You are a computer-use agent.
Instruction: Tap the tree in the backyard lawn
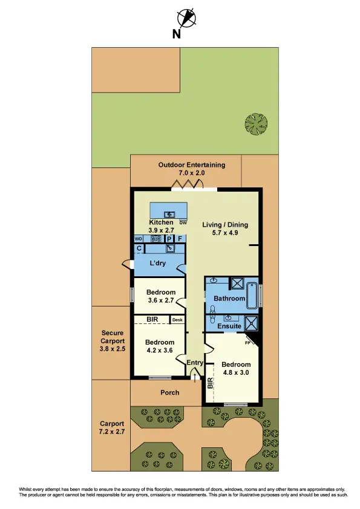point(256,125)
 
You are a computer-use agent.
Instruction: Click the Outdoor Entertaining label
point(191,164)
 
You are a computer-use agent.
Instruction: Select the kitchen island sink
point(170,213)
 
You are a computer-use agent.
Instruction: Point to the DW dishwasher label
point(183,222)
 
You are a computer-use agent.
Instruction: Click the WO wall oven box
point(138,239)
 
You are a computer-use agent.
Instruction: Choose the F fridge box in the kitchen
point(180,239)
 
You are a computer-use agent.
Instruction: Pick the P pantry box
point(169,239)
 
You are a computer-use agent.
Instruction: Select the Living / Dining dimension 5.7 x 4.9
point(225,234)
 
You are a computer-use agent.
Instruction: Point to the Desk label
point(177,320)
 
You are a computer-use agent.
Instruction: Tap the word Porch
point(169,392)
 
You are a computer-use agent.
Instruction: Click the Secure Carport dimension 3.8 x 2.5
point(113,349)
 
